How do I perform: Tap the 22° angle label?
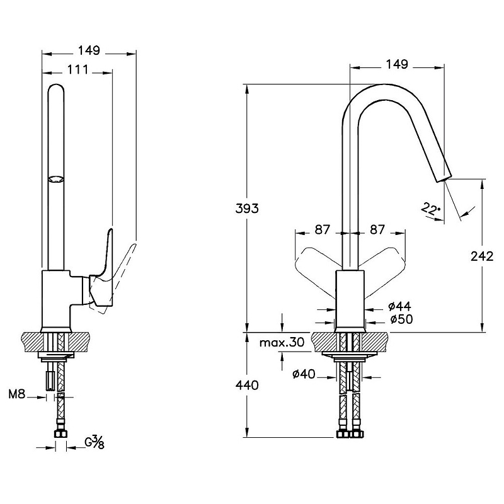[432, 209]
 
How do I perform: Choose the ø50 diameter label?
[401, 320]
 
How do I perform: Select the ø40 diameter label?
[304, 375]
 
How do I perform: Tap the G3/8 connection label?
[94, 443]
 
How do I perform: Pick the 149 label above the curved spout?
[396, 64]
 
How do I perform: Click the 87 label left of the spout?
[323, 230]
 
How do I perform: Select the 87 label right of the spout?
[377, 230]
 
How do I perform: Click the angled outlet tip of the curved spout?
[444, 175]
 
